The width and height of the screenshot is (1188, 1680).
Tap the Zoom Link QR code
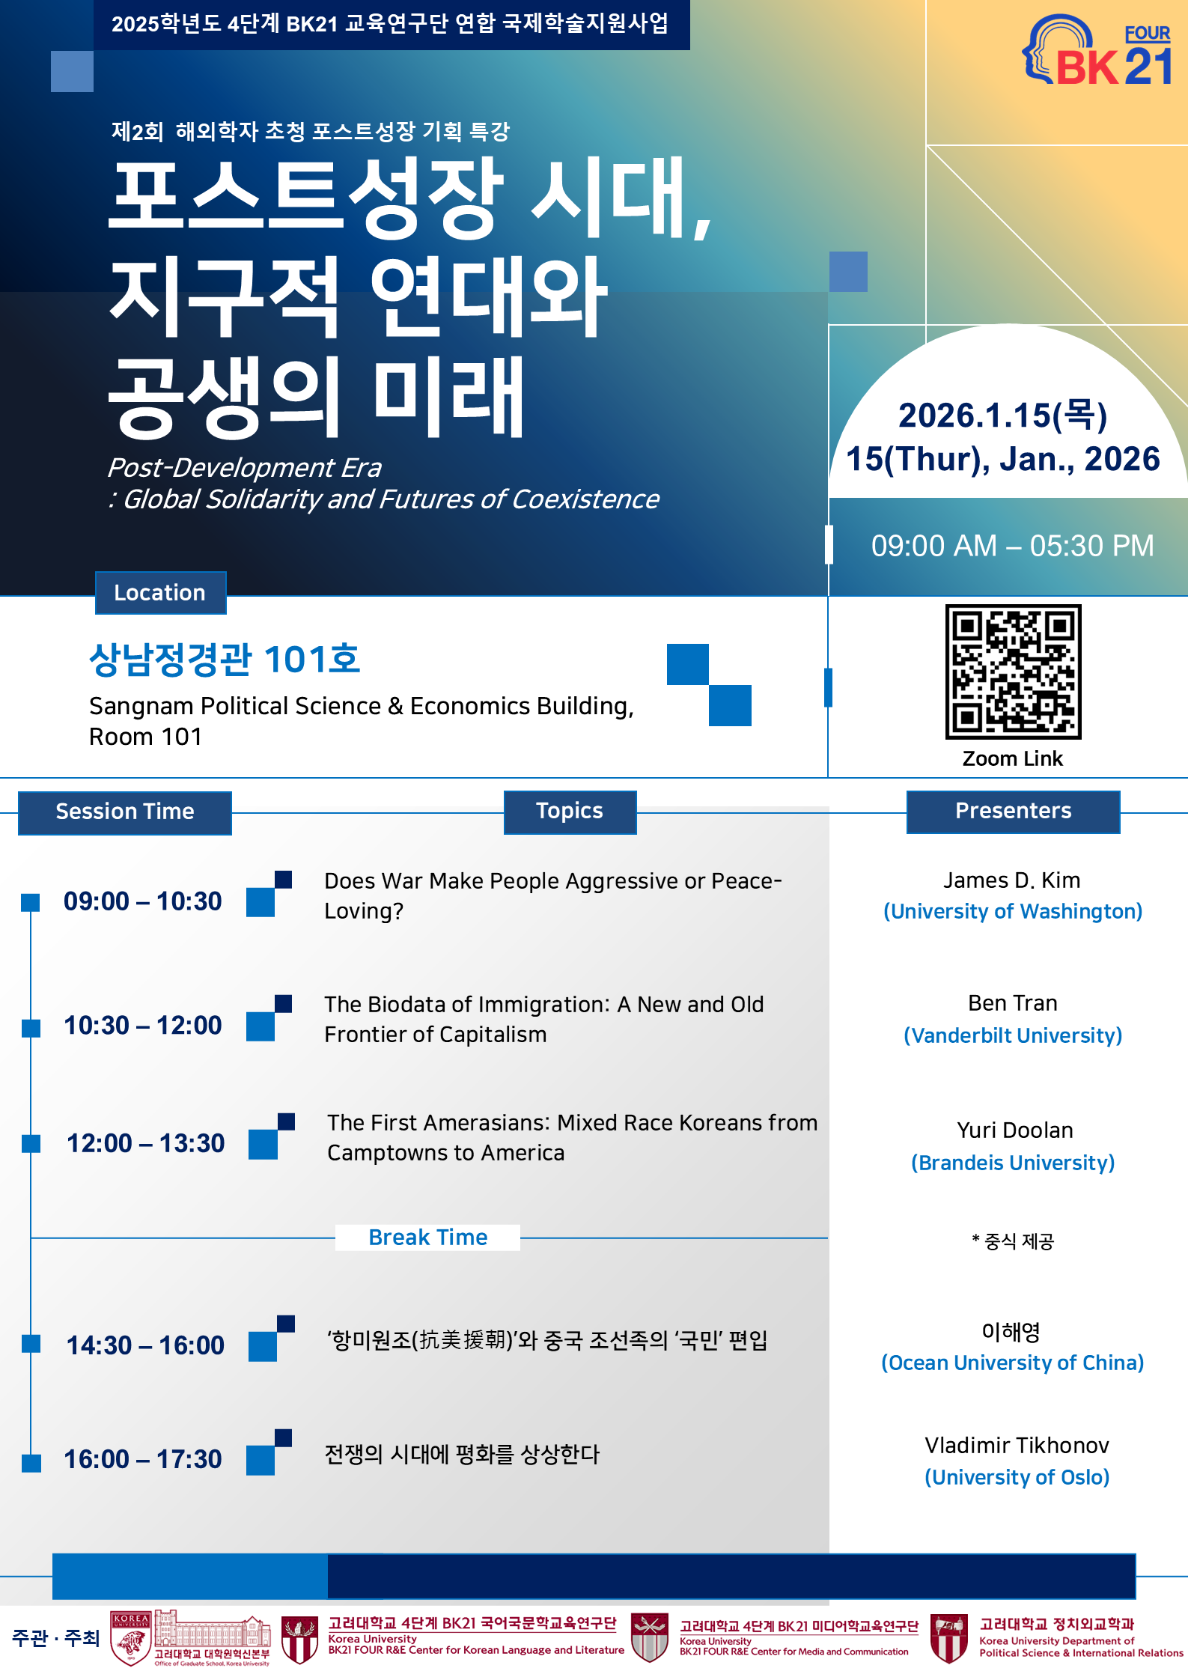(1013, 672)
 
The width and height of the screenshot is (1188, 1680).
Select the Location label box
(160, 593)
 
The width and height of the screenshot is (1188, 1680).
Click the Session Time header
(125, 812)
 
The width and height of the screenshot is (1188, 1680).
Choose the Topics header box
(570, 812)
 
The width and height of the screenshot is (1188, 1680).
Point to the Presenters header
(1013, 812)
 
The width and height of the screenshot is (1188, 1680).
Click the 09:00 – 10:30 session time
(143, 901)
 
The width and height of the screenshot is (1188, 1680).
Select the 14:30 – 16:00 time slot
(145, 1345)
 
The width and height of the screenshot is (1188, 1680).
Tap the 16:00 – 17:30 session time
(143, 1459)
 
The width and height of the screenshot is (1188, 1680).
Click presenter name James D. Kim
(1012, 880)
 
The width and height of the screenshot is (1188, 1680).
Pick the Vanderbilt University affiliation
(1013, 1035)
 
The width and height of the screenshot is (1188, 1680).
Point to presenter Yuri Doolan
(1015, 1130)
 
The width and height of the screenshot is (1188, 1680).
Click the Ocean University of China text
(1013, 1363)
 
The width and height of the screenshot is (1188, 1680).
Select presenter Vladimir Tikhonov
(1017, 1446)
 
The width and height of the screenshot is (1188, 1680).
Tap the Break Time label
(428, 1238)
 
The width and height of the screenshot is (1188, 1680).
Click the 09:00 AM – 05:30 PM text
(1012, 546)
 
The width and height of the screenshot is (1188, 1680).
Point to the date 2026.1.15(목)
(1003, 416)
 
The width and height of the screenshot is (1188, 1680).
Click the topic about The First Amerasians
(573, 1138)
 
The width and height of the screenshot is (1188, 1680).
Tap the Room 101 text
(146, 737)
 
